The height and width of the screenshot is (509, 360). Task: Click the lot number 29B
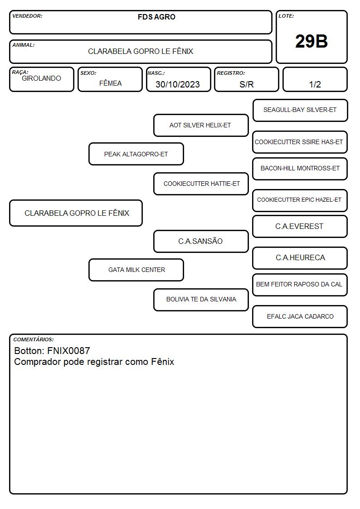pyautogui.click(x=311, y=41)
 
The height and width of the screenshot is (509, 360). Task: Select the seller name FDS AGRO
pyautogui.click(x=156, y=17)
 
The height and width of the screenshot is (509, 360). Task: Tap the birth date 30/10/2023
pyautogui.click(x=178, y=84)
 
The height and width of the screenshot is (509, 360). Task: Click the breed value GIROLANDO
pyautogui.click(x=41, y=78)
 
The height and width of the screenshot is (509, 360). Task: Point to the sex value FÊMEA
pyautogui.click(x=110, y=83)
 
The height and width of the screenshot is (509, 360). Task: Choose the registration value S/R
pyautogui.click(x=246, y=84)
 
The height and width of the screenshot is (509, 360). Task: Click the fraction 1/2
pyautogui.click(x=315, y=84)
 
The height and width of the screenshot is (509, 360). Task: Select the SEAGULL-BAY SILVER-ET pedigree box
pyautogui.click(x=300, y=111)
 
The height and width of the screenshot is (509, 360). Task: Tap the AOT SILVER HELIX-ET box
pyautogui.click(x=201, y=125)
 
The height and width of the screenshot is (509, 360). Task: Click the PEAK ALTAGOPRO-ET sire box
pyautogui.click(x=136, y=154)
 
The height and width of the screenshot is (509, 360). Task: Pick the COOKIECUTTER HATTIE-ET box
pyautogui.click(x=201, y=184)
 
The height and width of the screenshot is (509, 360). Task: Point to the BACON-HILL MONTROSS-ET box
pyautogui.click(x=300, y=169)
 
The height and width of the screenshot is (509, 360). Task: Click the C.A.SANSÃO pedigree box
pyautogui.click(x=201, y=241)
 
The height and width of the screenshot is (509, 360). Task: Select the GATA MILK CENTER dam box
pyautogui.click(x=136, y=270)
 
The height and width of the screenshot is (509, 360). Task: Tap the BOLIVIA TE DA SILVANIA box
pyautogui.click(x=201, y=300)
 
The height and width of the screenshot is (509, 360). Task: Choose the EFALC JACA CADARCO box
pyautogui.click(x=300, y=316)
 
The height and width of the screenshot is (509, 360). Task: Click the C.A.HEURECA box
pyautogui.click(x=300, y=258)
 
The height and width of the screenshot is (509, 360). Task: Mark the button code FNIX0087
pyautogui.click(x=68, y=350)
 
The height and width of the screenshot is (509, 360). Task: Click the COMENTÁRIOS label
pyautogui.click(x=34, y=339)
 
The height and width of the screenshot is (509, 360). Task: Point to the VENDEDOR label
pyautogui.click(x=27, y=16)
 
